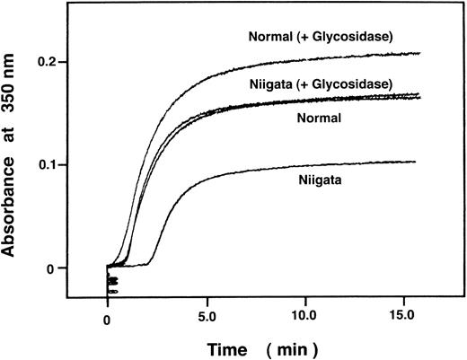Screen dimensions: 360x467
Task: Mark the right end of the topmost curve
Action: click(419, 54)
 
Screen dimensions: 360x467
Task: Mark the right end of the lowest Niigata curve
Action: click(418, 162)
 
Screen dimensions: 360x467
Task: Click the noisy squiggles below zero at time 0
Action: click(111, 284)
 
